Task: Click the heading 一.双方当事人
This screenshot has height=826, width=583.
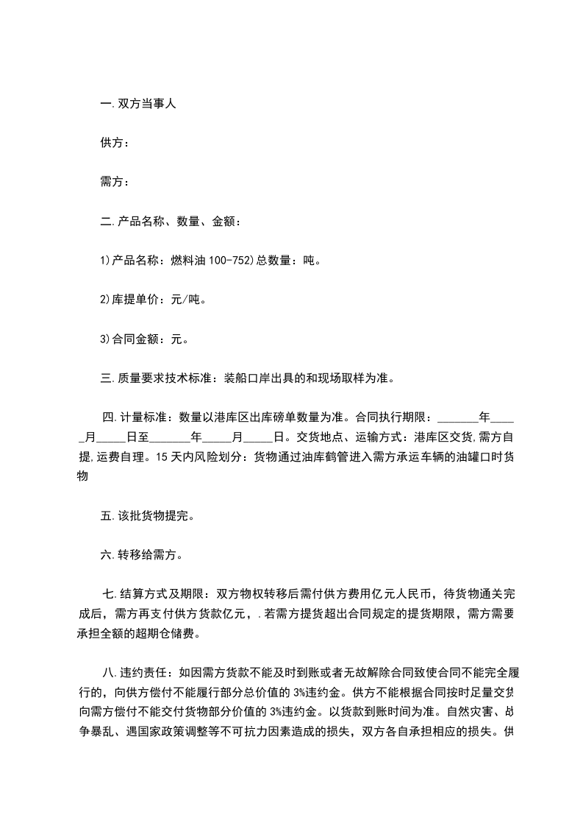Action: (x=137, y=105)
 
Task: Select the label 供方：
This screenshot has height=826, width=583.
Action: (x=115, y=144)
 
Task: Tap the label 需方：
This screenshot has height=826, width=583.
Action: (x=115, y=183)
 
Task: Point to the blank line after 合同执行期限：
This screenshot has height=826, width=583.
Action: (x=457, y=418)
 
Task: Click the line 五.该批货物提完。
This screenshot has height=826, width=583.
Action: (x=147, y=516)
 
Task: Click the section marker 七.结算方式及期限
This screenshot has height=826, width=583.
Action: (x=154, y=594)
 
